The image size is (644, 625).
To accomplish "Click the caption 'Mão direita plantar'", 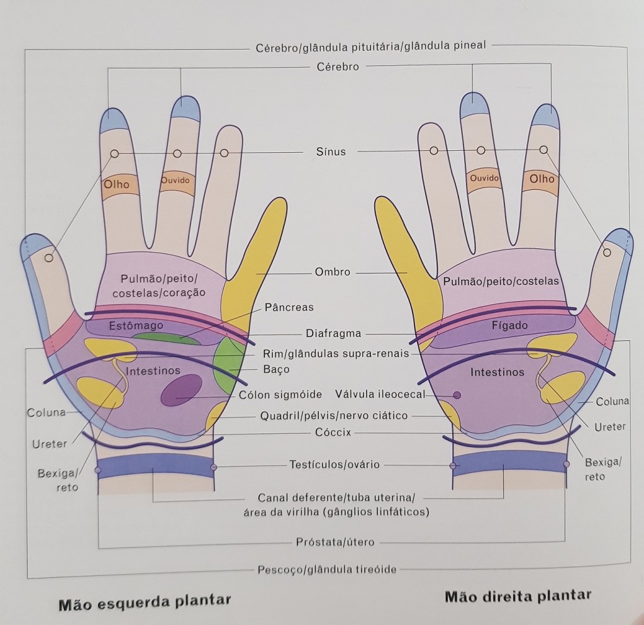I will pyautogui.click(x=518, y=595).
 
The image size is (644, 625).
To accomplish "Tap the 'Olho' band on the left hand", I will pyautogui.click(x=117, y=184).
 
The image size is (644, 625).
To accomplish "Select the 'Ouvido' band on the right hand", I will pyautogui.click(x=484, y=179).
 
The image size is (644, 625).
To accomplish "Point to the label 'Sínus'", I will pyautogui.click(x=331, y=152).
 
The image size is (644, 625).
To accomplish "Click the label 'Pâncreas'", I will pyautogui.click(x=289, y=307).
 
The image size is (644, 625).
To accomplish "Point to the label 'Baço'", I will pyautogui.click(x=276, y=369).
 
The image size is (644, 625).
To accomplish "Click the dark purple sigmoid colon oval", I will pyautogui.click(x=181, y=390).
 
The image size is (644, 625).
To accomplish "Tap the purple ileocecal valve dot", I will pyautogui.click(x=457, y=395).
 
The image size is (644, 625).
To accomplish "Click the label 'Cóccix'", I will pyautogui.click(x=333, y=432).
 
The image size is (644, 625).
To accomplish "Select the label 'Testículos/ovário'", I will pyautogui.click(x=334, y=465).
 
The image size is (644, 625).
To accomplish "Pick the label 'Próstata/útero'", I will pyautogui.click(x=335, y=541).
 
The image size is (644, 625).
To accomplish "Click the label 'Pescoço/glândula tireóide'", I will pyautogui.click(x=327, y=570).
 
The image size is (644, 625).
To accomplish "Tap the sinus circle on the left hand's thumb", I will pyautogui.click(x=49, y=258).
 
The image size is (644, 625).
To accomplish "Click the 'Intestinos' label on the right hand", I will pyautogui.click(x=497, y=372).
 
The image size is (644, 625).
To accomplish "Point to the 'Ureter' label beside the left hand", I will pyautogui.click(x=49, y=444).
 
